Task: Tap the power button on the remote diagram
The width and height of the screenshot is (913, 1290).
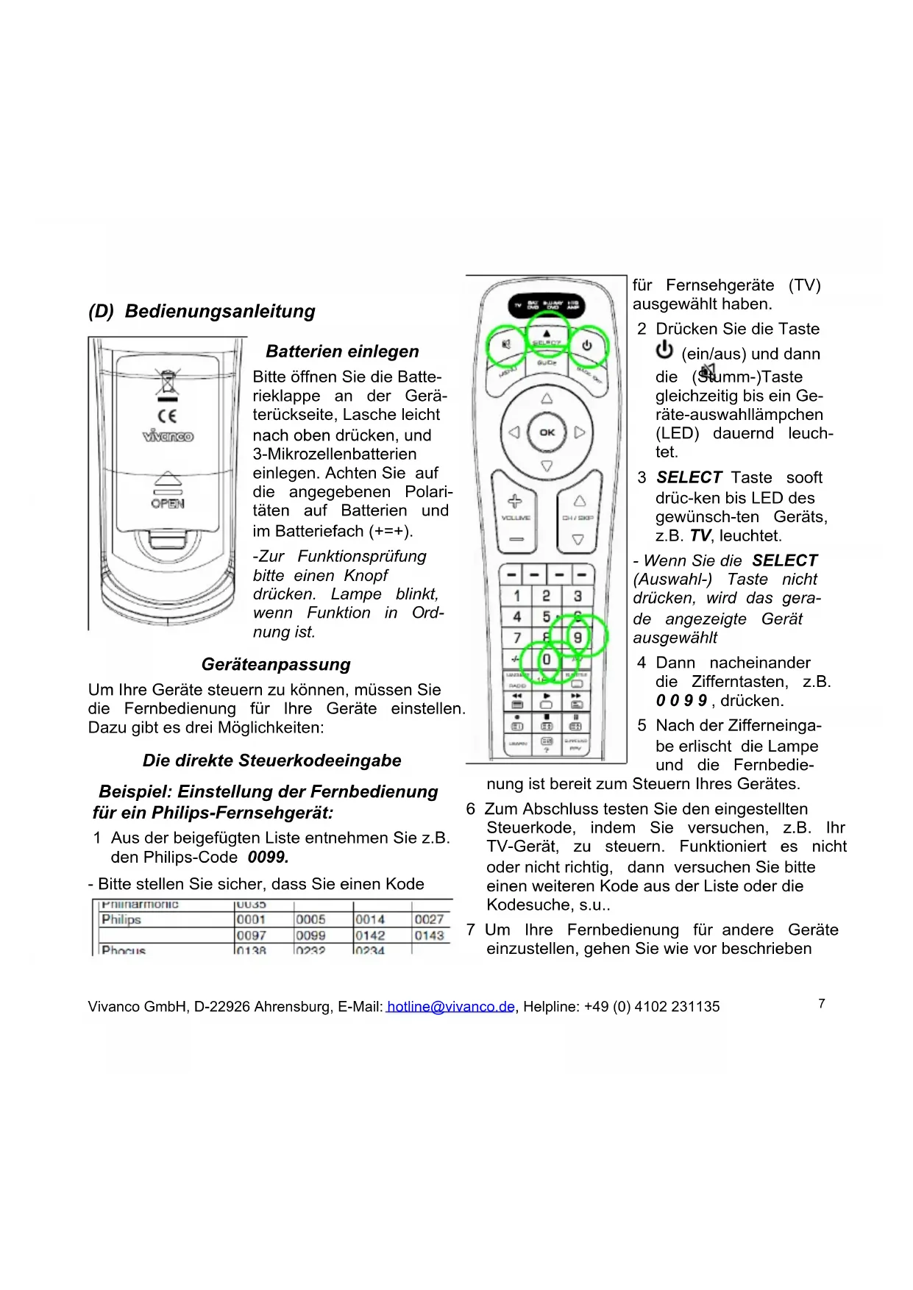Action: (x=587, y=345)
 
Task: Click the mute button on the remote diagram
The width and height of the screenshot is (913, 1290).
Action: (x=506, y=345)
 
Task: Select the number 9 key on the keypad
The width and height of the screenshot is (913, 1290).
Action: (x=578, y=637)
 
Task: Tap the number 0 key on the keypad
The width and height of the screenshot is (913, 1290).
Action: (x=547, y=659)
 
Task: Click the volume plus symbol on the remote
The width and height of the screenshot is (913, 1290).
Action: (x=515, y=502)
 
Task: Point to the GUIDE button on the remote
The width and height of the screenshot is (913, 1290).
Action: (x=547, y=363)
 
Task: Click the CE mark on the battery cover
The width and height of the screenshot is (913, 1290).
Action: (x=168, y=416)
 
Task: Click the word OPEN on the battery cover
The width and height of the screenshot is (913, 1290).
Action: (x=168, y=504)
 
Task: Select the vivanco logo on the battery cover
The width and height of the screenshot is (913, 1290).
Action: (x=168, y=436)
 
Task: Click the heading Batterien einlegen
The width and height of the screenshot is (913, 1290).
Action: (x=342, y=352)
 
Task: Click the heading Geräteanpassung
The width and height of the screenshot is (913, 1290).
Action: (x=276, y=665)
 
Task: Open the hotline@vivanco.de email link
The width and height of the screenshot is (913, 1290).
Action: (x=450, y=1007)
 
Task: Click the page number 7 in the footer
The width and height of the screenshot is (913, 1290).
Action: (x=822, y=1004)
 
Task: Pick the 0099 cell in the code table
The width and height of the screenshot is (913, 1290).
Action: (x=310, y=936)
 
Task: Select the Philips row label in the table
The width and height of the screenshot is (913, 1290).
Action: (x=121, y=919)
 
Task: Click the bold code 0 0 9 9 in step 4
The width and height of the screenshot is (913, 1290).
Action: (x=681, y=701)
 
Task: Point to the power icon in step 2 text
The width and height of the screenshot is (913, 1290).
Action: (x=664, y=349)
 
